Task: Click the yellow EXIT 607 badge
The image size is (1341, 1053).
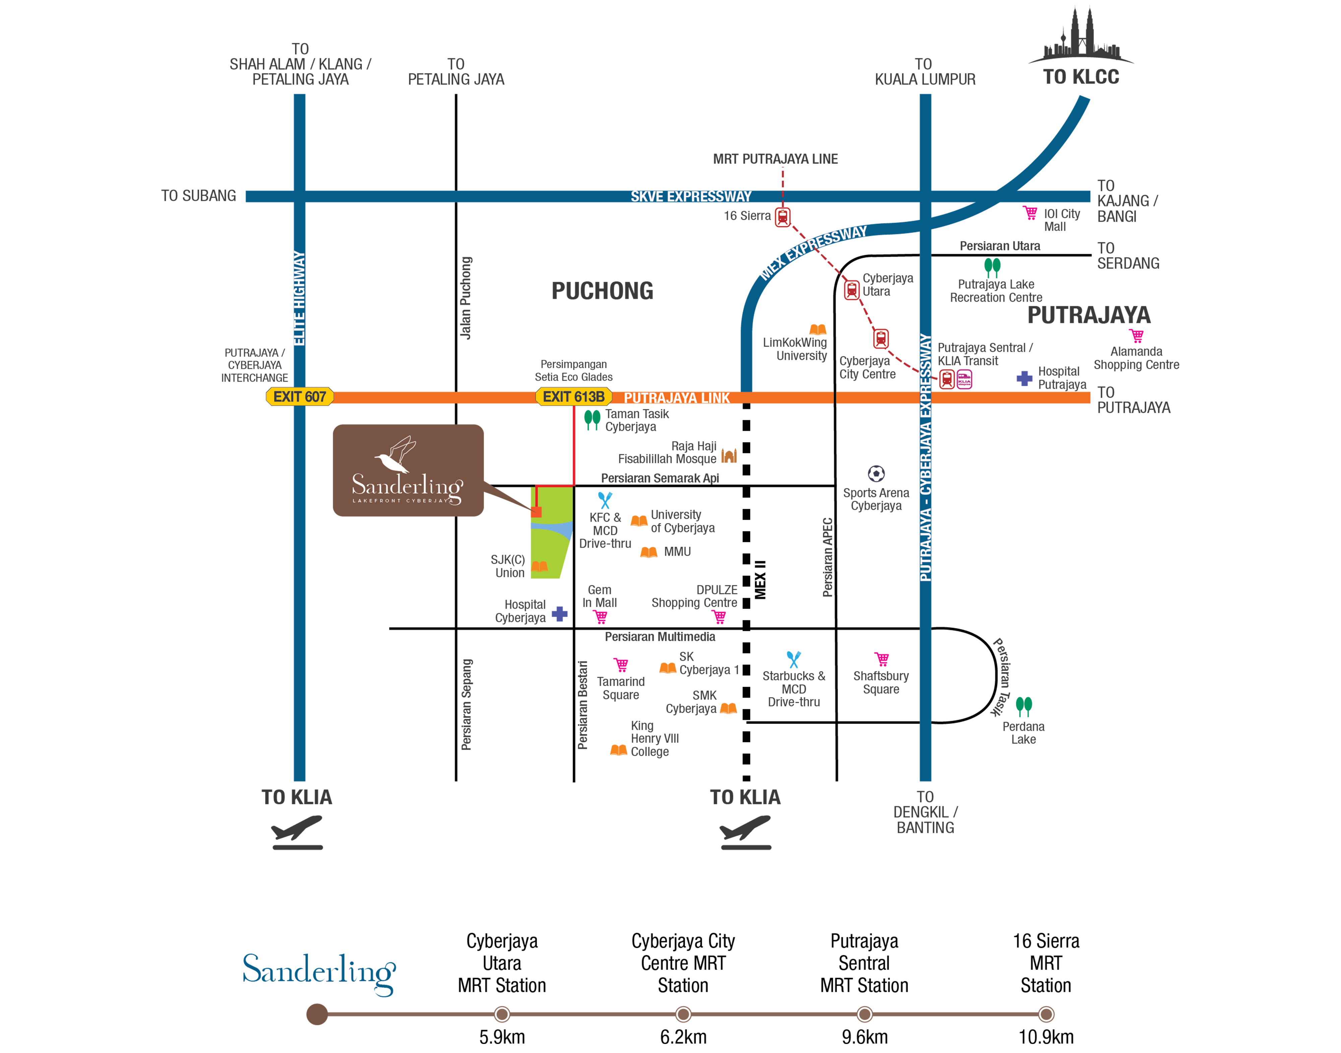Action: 300,396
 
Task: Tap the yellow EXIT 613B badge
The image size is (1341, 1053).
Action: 573,396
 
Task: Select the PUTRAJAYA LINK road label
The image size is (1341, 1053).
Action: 676,398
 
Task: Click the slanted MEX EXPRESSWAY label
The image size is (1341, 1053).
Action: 813,253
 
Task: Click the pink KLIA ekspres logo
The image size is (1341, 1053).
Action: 964,379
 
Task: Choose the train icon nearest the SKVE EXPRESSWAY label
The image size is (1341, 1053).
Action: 782,218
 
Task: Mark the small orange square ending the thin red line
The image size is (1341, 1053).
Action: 536,512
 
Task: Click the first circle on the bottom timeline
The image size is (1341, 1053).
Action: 502,1014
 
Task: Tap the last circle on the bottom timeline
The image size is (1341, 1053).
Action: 1046,1014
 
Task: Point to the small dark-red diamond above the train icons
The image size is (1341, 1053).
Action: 782,178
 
